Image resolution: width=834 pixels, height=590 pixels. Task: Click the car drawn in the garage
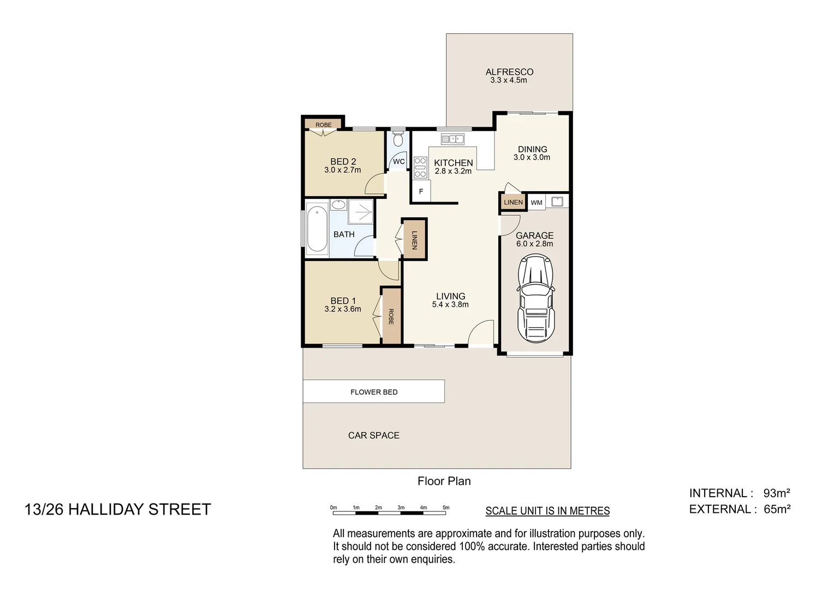536,298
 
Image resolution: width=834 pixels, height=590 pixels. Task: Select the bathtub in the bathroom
317,228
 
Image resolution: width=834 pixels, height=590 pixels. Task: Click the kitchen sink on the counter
452,139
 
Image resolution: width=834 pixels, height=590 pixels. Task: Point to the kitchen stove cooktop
420,168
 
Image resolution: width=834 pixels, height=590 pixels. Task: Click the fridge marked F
421,192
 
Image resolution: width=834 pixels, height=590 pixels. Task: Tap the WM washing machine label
537,203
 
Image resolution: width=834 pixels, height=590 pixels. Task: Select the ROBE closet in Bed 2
323,125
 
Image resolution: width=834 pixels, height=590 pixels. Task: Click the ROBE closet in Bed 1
391,317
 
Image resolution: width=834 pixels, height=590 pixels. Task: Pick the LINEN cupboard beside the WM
513,202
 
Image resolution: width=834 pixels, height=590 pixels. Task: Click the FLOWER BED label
374,392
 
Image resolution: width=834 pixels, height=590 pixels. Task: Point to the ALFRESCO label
509,72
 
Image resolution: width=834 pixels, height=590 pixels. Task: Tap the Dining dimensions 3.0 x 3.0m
532,157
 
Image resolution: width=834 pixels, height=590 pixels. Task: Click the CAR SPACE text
374,435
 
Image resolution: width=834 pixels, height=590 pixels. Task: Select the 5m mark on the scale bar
446,508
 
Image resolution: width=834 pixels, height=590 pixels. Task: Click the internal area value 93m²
776,493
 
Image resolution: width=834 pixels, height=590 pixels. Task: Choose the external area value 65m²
777,509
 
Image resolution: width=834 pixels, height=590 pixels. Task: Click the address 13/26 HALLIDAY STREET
118,509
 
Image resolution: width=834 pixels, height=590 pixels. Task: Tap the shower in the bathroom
361,211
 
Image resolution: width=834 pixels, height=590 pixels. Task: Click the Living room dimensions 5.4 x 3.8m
450,305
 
